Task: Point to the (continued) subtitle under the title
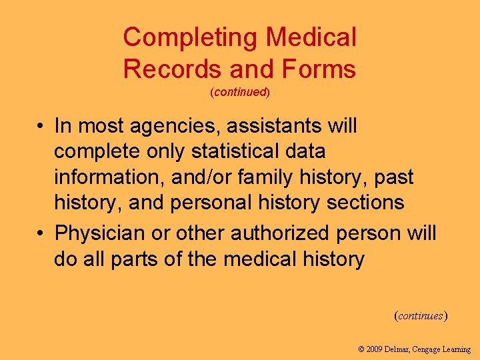[x=240, y=93]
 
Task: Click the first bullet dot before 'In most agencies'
[x=41, y=126]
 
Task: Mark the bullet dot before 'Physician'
[x=41, y=234]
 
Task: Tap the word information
[x=105, y=177]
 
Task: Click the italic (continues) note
[x=421, y=315]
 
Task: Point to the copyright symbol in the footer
[x=361, y=349]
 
